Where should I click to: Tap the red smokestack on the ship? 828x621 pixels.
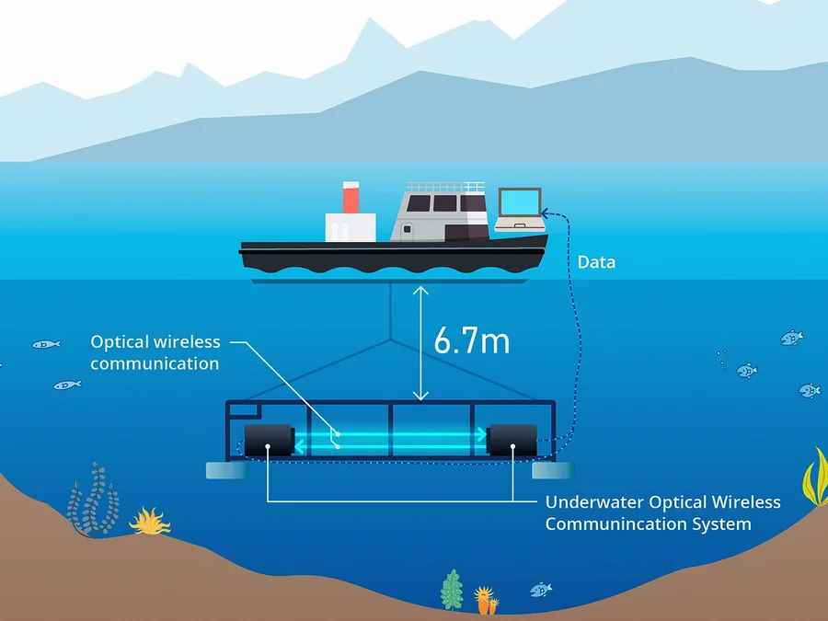[351, 197]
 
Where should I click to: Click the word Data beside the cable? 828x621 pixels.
[596, 262]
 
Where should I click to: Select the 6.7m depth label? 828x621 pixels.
[471, 340]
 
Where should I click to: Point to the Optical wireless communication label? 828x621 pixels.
[155, 352]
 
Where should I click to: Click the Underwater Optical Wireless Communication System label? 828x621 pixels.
[662, 513]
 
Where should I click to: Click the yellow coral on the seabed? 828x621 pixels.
[149, 522]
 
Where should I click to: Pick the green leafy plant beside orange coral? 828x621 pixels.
[451, 590]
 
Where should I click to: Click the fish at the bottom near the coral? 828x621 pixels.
[541, 588]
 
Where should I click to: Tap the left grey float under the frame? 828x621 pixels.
[224, 470]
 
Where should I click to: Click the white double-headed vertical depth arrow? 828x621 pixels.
[421, 342]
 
